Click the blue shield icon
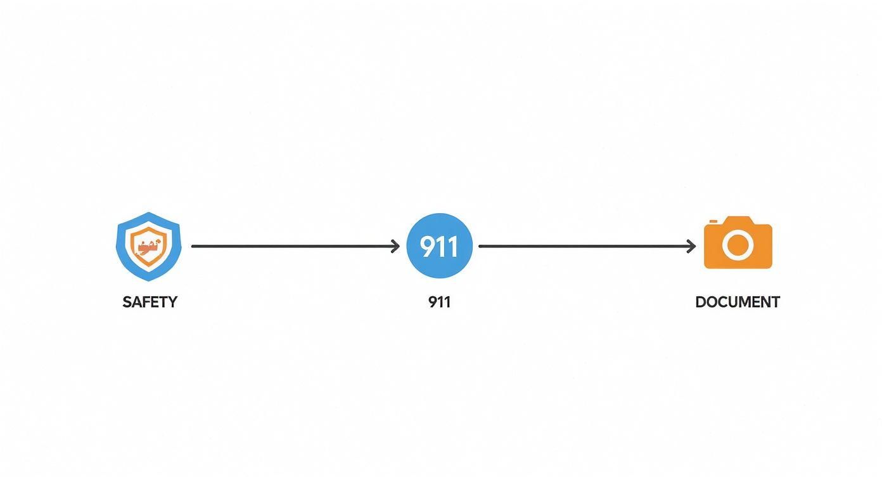[149, 246]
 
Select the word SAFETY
[150, 302]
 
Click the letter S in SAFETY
[127, 302]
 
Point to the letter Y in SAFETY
[173, 302]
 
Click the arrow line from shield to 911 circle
[296, 246]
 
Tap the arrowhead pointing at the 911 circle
[396, 246]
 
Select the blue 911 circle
[440, 245]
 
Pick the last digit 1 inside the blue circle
[453, 246]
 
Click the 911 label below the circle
[440, 302]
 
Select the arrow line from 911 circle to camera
[587, 246]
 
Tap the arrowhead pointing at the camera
[691, 246]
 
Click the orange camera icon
[738, 242]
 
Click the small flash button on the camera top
[713, 221]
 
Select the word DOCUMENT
[738, 302]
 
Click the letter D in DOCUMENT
[701, 302]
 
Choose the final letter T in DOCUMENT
[775, 302]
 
